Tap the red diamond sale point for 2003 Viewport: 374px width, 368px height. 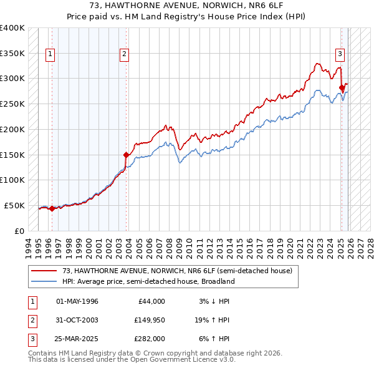(126, 155)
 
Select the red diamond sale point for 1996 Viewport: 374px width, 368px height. (52, 209)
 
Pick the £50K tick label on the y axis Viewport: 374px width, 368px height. (15, 205)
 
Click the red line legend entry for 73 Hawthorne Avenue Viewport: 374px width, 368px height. (177, 271)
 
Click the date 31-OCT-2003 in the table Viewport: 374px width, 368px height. (77, 320)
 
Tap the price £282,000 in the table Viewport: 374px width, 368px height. (150, 339)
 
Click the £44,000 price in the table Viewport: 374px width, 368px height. (151, 301)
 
